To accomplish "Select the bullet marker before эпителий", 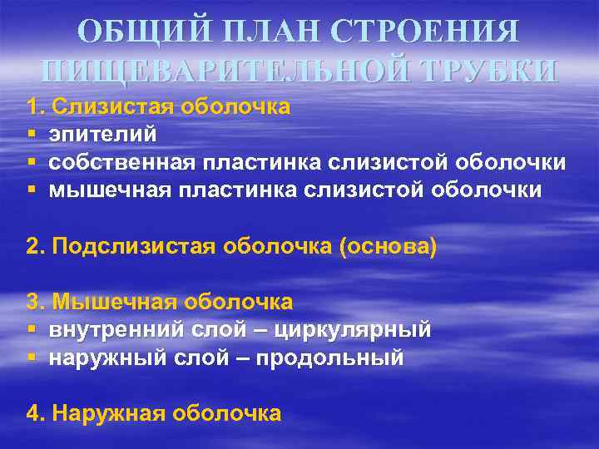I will pos(31,135).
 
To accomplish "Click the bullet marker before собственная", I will pos(31,162).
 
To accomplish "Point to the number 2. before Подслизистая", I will pos(35,248).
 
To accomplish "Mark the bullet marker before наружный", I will pos(31,358).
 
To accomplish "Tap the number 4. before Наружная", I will pos(35,413).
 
